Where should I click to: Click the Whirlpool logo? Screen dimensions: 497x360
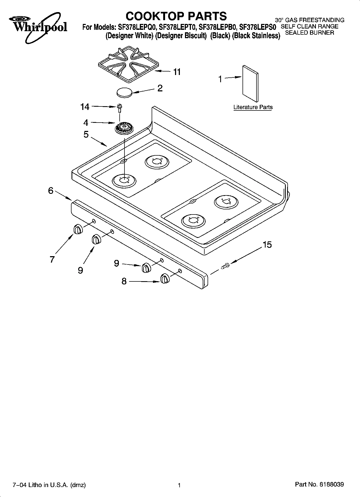(38, 27)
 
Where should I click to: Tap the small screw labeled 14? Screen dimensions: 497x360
(119, 108)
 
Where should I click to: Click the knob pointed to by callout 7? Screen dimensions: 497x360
(77, 229)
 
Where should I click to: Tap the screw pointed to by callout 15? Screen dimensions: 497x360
(225, 266)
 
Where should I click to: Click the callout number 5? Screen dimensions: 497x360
(86, 134)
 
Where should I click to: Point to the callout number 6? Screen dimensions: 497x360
(51, 191)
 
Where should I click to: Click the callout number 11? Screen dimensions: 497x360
(177, 72)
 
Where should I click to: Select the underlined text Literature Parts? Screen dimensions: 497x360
(253, 107)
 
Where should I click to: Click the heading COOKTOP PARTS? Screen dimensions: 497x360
(176, 16)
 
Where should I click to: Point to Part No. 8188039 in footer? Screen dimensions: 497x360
(319, 485)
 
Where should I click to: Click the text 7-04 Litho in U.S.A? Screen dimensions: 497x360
(49, 485)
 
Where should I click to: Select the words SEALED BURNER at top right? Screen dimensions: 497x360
(309, 33)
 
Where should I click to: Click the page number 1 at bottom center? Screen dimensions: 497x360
(179, 485)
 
